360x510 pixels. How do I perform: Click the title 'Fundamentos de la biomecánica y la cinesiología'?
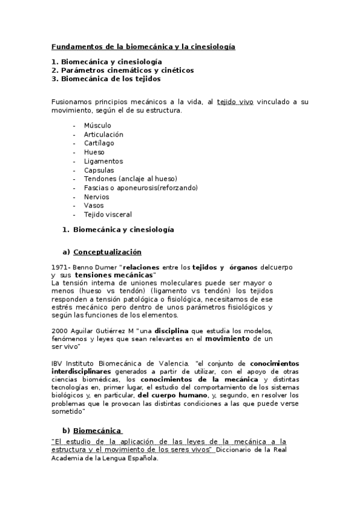pyautogui.click(x=143, y=46)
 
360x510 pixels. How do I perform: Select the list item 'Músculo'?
pyautogui.click(x=97, y=125)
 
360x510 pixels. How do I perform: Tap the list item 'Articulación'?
pyautogui.click(x=103, y=134)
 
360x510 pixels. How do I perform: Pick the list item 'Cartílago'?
pyautogui.click(x=99, y=143)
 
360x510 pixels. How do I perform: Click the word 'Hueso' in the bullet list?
pyautogui.click(x=94, y=152)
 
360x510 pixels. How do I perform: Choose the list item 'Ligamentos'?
pyautogui.click(x=103, y=161)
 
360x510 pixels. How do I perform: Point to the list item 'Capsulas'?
pyautogui.click(x=99, y=170)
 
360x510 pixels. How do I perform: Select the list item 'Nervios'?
pyautogui.click(x=96, y=197)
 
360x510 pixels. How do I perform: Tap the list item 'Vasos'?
pyautogui.click(x=94, y=206)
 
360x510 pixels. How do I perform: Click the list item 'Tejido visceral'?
pyautogui.click(x=108, y=215)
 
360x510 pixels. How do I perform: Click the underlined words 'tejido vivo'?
pyautogui.click(x=235, y=102)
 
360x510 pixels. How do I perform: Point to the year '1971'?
pyautogui.click(x=60, y=266)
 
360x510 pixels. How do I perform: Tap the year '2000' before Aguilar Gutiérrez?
pyautogui.click(x=60, y=331)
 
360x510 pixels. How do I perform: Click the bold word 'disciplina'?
pyautogui.click(x=174, y=331)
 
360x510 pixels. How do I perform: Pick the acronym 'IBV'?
pyautogui.click(x=58, y=363)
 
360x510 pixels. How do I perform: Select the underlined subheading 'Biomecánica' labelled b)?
pyautogui.click(x=97, y=431)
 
